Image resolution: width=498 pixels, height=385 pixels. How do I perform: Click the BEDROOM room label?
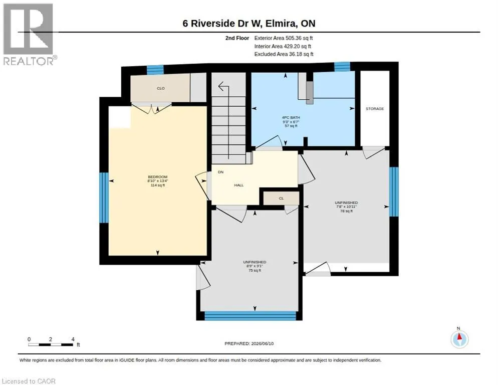point(157,177)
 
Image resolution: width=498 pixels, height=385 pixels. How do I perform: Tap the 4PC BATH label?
point(291,117)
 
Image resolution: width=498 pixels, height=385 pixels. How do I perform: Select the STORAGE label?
point(375,109)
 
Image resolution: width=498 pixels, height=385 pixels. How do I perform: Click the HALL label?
point(239,185)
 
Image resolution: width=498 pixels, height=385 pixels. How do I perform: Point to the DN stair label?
point(221,172)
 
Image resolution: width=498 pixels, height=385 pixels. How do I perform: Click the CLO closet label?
point(161,88)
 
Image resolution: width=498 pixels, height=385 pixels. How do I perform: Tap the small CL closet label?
point(281,199)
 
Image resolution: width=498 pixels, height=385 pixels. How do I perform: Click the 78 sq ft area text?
point(346,211)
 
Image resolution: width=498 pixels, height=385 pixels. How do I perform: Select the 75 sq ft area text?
point(255,270)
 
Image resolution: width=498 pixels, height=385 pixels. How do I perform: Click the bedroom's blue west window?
point(104,198)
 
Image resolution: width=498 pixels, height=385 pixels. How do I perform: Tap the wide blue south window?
point(251,316)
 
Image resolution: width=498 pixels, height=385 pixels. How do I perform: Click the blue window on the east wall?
point(394,191)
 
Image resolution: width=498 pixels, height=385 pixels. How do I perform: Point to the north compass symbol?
point(459,339)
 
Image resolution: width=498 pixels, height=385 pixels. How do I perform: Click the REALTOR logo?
point(30,34)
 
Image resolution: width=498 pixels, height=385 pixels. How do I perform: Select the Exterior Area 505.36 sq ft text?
point(284,38)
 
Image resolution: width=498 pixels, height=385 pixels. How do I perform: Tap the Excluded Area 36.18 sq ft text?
point(284,54)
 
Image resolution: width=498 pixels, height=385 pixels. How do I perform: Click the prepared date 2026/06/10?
point(262,343)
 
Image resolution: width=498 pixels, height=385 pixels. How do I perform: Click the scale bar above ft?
point(51,344)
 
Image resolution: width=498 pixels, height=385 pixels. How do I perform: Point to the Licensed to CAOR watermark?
point(29,381)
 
